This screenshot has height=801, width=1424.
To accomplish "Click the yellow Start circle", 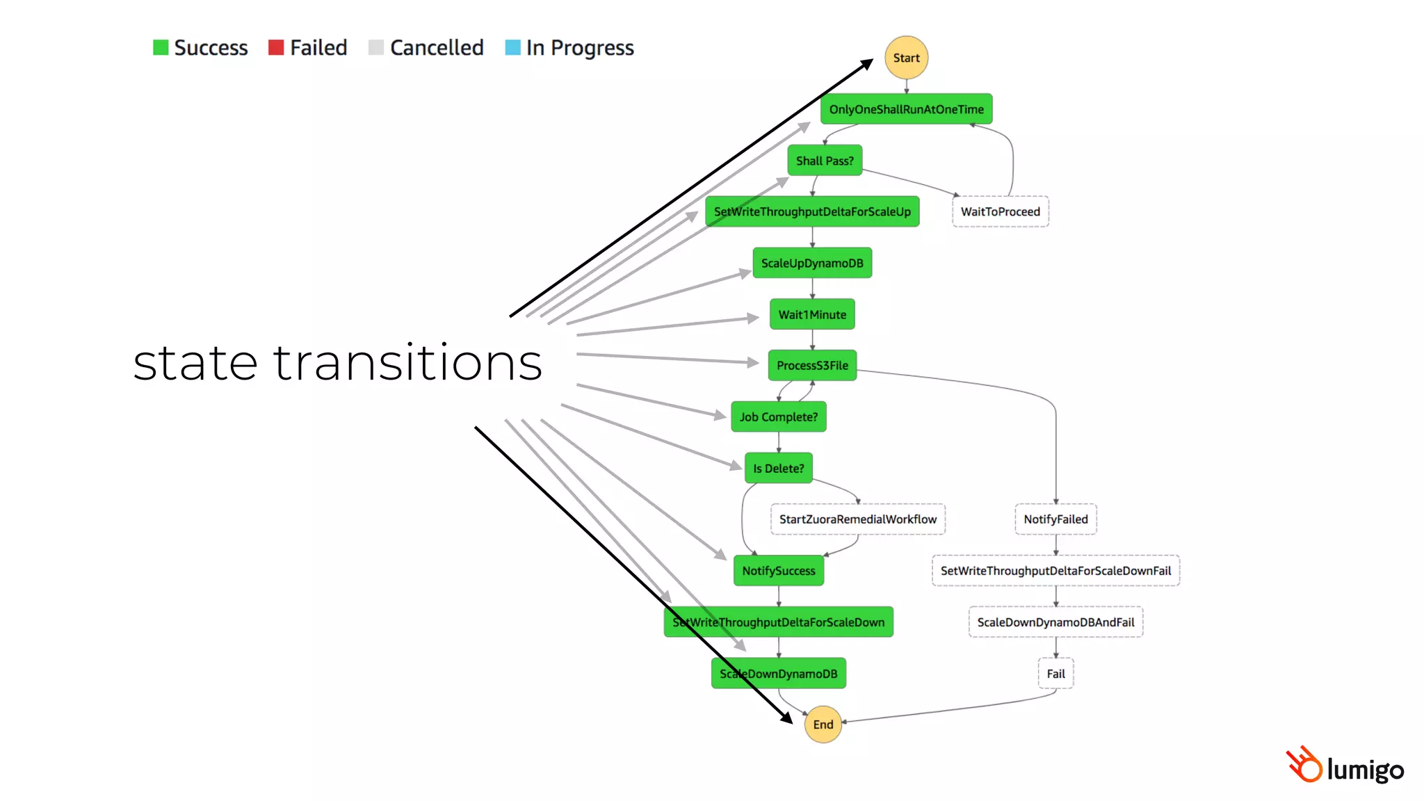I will tap(906, 58).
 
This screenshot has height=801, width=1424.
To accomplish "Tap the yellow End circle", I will tap(823, 725).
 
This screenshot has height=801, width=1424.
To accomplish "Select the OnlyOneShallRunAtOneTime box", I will tap(906, 109).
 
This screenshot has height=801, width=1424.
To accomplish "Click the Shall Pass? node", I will tap(825, 161).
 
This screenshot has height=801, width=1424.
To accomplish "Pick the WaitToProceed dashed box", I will tap(1000, 211).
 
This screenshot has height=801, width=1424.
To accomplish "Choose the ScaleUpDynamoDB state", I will tap(812, 263).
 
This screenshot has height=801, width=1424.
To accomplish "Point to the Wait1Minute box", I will tap(812, 314).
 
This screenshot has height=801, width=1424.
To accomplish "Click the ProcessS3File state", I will tap(812, 366).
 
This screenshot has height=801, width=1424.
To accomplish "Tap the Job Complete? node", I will tap(778, 417).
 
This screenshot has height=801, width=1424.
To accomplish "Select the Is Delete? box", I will tap(778, 468).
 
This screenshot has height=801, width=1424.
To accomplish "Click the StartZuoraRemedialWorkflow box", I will tap(857, 519).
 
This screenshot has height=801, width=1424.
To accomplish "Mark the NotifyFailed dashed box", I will tap(1055, 519).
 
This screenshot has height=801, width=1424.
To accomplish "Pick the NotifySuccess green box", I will tap(778, 571).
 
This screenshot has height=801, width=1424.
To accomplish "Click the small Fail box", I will tap(1055, 674).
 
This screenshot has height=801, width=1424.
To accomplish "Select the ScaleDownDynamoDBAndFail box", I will tap(1055, 622).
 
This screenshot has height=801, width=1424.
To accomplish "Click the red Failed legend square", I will tap(276, 47).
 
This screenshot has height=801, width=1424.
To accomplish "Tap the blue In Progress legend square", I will tap(512, 47).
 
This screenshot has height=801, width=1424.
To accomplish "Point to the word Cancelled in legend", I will tap(437, 47).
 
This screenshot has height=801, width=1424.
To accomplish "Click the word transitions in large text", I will tap(407, 363).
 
